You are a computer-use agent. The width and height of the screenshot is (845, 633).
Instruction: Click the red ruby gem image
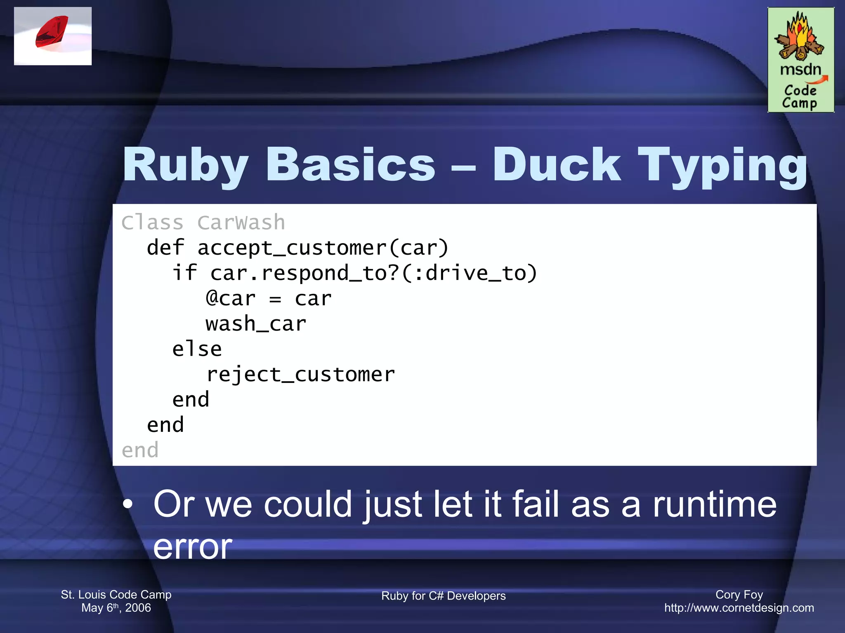[x=52, y=32]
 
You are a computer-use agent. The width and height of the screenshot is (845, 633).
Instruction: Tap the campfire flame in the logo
[x=799, y=35]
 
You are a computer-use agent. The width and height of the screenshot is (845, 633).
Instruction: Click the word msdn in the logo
[x=800, y=69]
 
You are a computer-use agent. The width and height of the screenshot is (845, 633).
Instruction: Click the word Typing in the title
[x=722, y=166]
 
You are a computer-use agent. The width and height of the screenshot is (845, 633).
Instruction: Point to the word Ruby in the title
[x=186, y=166]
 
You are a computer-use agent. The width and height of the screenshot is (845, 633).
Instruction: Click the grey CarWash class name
[x=241, y=223]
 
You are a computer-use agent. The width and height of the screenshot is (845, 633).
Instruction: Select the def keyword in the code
[x=165, y=248]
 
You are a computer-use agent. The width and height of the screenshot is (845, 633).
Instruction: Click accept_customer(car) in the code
[x=323, y=248]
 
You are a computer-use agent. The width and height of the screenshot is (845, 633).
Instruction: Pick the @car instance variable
[x=231, y=298]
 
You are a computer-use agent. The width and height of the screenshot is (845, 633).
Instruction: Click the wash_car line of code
[x=256, y=324]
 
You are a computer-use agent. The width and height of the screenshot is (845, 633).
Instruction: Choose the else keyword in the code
[x=197, y=349]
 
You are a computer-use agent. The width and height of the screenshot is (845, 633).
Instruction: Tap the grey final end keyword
[x=140, y=450]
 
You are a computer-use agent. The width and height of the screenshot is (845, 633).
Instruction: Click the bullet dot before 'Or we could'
[x=128, y=504]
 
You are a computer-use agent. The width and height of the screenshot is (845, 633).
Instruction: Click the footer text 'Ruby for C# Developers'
[x=443, y=596]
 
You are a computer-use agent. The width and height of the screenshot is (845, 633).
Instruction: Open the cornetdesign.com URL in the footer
[x=739, y=608]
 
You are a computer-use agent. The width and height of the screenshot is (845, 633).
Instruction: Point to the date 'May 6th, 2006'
[x=116, y=608]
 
